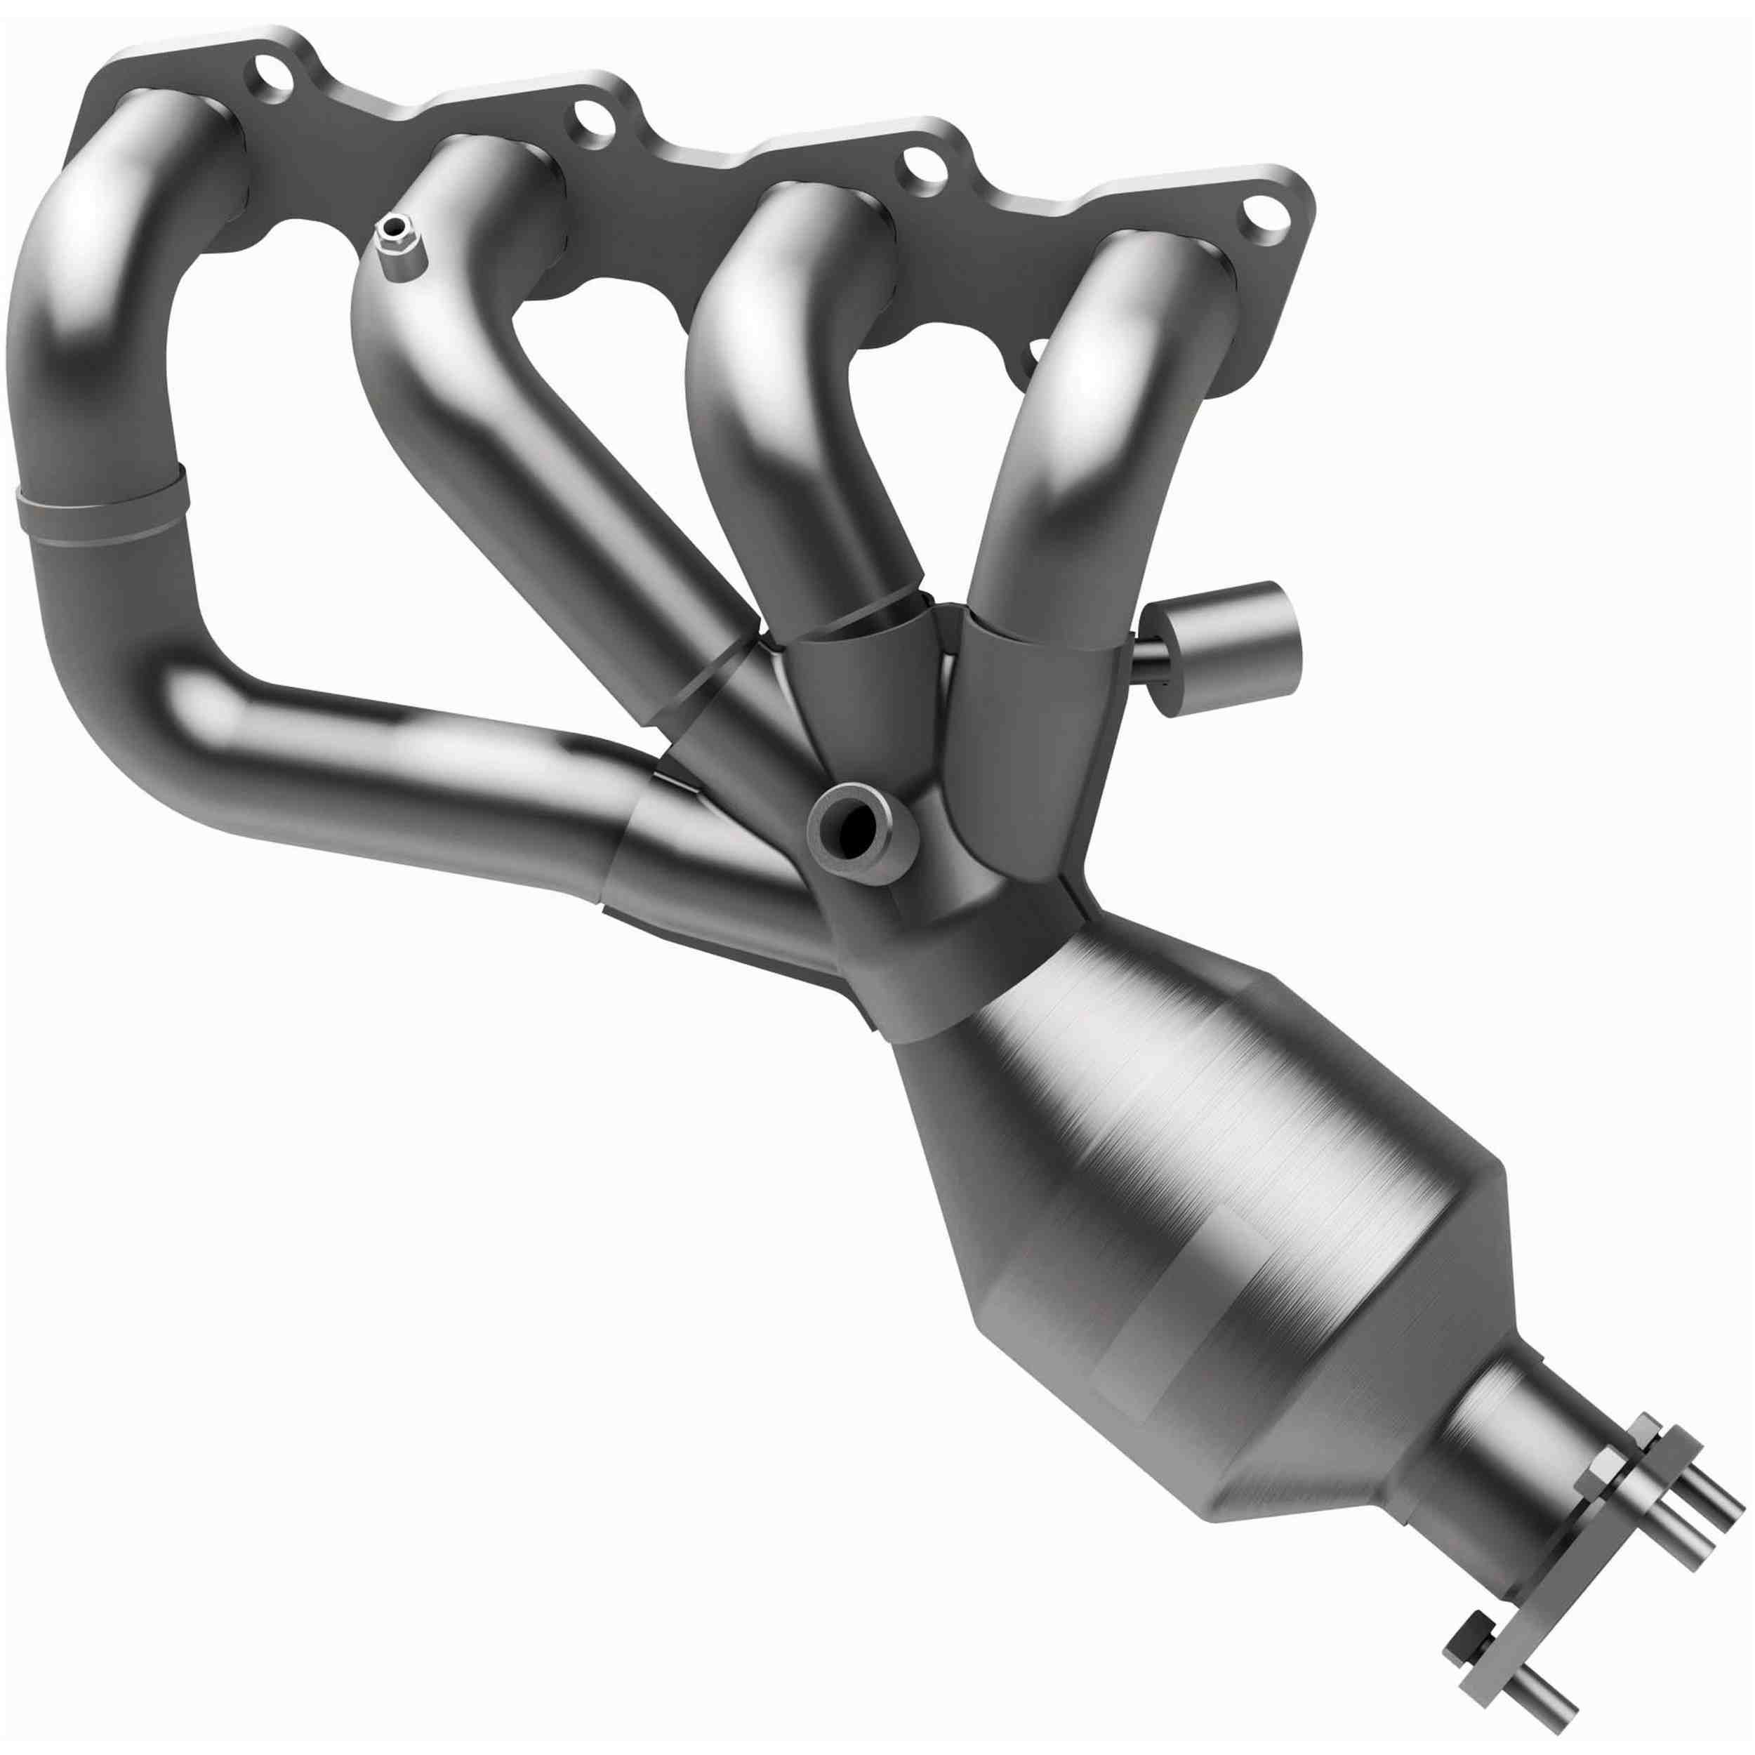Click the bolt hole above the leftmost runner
[x=274, y=74]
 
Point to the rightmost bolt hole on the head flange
[x=1264, y=218]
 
